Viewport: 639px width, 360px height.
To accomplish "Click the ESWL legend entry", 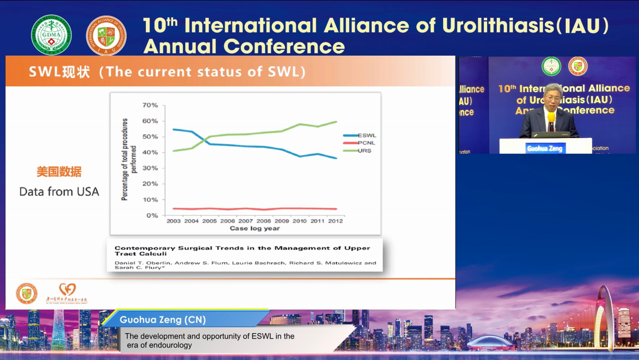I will point(366,135).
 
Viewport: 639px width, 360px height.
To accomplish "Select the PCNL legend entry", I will point(366,143).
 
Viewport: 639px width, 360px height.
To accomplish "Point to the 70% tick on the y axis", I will point(150,105).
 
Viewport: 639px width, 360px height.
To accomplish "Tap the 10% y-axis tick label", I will point(150,200).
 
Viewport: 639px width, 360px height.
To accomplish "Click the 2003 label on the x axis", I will point(174,221).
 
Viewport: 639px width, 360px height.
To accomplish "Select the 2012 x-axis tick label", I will point(335,221).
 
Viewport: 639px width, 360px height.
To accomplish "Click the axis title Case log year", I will point(255,228).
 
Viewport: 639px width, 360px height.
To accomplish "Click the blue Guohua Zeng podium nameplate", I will point(545,148).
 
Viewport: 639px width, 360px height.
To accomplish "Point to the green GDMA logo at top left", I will point(51,35).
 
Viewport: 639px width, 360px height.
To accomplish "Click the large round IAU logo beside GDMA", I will point(106,35).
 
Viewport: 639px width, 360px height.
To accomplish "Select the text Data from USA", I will point(59,191).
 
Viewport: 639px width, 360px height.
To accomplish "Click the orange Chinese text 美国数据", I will point(59,172).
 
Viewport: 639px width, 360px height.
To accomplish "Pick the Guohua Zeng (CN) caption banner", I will point(163,320).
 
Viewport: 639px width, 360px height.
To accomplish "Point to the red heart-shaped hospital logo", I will point(68,290).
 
